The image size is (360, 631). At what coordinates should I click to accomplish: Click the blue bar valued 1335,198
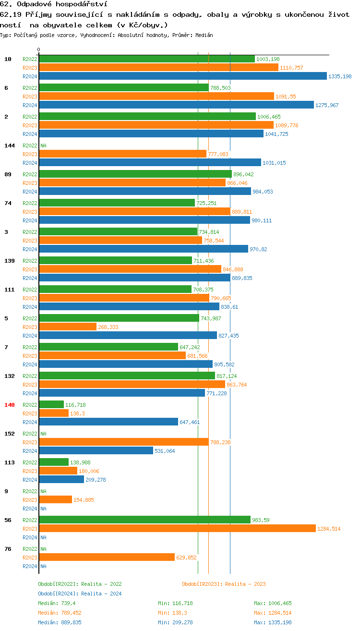point(182,76)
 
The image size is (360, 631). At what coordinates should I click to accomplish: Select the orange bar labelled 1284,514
point(177,529)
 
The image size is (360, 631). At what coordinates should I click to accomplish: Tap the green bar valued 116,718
point(51,405)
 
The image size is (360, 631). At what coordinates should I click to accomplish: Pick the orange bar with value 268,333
point(68,327)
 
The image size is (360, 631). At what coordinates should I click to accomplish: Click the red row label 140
point(10,405)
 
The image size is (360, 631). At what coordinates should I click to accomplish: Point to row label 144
point(10,146)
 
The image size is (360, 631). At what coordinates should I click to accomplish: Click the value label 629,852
point(186,558)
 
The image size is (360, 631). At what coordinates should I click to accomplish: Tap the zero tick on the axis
point(39,50)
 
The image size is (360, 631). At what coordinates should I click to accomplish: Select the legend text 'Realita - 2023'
point(245,584)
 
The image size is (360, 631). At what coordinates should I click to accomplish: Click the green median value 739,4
point(68,603)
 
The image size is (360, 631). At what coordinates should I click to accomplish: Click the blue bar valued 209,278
point(61,480)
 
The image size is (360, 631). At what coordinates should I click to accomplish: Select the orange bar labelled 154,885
point(55,500)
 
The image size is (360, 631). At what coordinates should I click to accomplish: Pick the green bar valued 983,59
point(144,520)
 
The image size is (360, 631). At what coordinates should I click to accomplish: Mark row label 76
point(8,549)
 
